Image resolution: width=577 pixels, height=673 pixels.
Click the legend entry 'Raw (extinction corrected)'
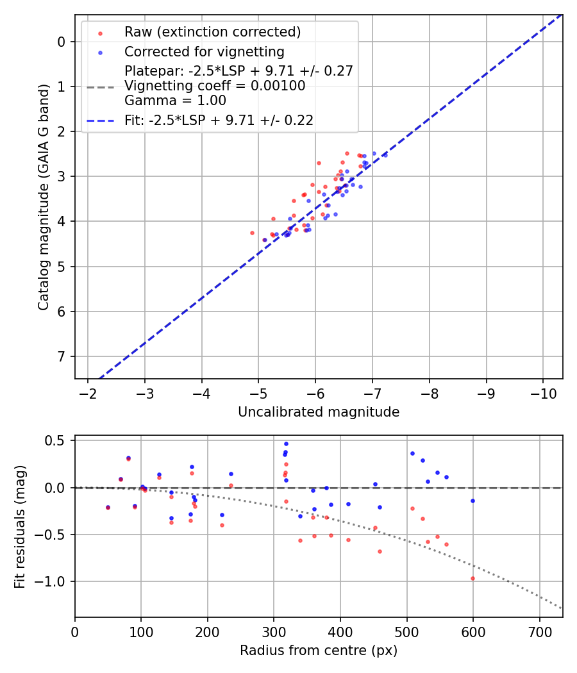pyautogui.click(x=212, y=32)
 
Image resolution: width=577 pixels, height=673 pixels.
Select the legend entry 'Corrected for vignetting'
pyautogui.click(x=205, y=51)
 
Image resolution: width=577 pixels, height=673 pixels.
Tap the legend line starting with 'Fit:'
pyautogui.click(x=219, y=120)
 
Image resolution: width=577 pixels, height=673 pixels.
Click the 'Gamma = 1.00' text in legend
pyautogui.click(x=175, y=101)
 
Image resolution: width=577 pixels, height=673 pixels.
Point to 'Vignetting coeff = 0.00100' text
pyautogui.click(x=215, y=86)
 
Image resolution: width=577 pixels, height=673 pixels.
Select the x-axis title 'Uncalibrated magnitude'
pyautogui.click(x=319, y=412)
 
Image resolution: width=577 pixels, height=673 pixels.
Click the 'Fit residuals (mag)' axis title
pyautogui.click(x=20, y=526)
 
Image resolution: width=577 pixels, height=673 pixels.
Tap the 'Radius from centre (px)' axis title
pyautogui.click(x=319, y=651)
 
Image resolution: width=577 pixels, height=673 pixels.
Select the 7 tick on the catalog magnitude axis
pyautogui.click(x=62, y=356)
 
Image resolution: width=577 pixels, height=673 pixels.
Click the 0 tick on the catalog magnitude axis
pyautogui.click(x=62, y=42)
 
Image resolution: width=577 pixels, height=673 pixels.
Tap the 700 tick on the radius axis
pyautogui.click(x=539, y=631)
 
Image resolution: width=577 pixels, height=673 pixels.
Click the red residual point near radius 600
pyautogui.click(x=472, y=578)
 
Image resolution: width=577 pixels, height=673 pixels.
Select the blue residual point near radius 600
pyautogui.click(x=472, y=501)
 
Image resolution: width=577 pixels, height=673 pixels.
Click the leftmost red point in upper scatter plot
pyautogui.click(x=252, y=233)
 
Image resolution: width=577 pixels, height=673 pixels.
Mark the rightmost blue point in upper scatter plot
pyautogui.click(x=385, y=154)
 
